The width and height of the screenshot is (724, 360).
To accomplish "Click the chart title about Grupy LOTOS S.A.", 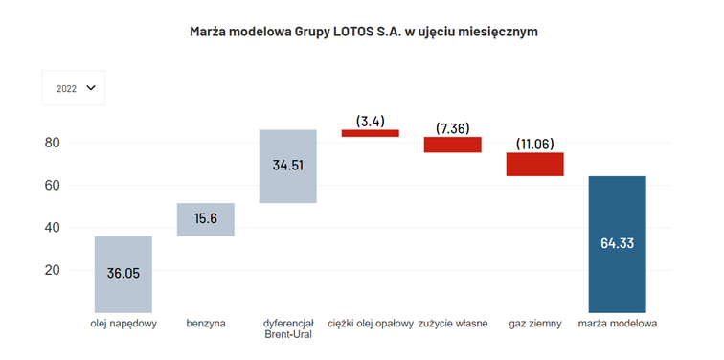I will tap(364, 32).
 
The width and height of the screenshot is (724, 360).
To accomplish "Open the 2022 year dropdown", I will tap(74, 88).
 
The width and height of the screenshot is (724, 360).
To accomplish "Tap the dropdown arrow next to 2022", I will tap(91, 88).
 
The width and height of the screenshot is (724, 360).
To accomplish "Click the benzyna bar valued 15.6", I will tap(205, 219).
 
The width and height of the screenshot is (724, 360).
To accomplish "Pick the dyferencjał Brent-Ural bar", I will tap(287, 167).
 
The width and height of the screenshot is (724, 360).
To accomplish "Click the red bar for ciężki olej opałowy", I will tap(370, 133).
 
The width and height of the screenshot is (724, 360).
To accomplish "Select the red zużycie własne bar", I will tap(452, 145).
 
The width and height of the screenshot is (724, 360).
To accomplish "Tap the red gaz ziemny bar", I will tap(534, 164).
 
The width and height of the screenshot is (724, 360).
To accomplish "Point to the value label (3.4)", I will tap(370, 121).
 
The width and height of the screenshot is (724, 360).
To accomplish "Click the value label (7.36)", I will tap(452, 128).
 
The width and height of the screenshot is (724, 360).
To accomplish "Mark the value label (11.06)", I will tap(534, 144).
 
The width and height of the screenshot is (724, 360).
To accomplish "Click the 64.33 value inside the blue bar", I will tap(618, 243).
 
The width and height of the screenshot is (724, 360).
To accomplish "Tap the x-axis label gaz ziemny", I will tap(534, 325).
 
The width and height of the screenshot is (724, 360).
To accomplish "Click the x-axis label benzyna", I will tap(205, 325).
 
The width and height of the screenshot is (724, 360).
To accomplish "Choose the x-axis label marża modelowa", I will tap(618, 325).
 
